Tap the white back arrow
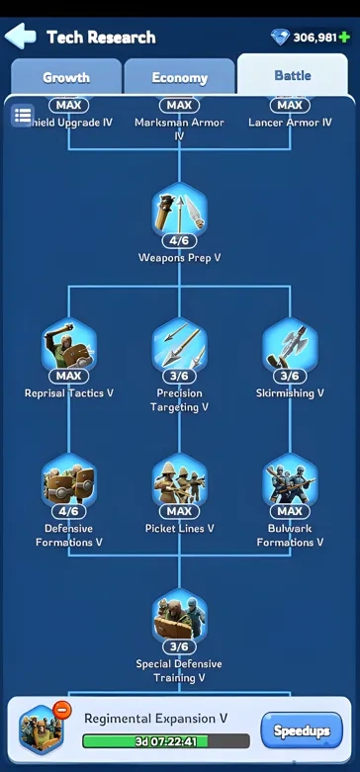click(21, 38)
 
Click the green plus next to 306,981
click(344, 38)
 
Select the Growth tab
click(66, 77)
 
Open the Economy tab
click(179, 77)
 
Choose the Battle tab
click(292, 75)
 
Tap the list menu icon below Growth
click(22, 116)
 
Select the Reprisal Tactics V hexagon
click(69, 347)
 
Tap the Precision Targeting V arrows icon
click(179, 347)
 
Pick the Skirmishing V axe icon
click(290, 347)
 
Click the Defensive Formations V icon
click(69, 482)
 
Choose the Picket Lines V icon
click(179, 482)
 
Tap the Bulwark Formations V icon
click(290, 482)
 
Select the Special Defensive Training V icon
click(179, 618)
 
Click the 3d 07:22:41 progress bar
click(166, 741)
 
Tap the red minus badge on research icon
click(61, 710)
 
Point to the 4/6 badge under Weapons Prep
click(179, 240)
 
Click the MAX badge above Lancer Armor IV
click(290, 105)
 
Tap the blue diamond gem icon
click(281, 38)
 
